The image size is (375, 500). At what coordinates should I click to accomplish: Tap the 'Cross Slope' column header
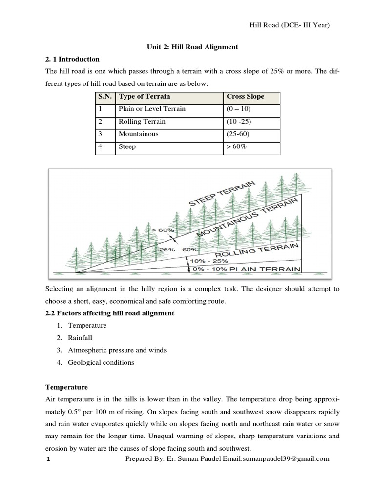pos(245,97)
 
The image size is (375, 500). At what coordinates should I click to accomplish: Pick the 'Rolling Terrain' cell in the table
pos(142,121)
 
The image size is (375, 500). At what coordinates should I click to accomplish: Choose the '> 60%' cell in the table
pos(237,146)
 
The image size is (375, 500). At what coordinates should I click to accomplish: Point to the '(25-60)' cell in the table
pos(238,134)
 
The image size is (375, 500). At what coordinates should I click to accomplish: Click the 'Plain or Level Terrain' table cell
pos(152,109)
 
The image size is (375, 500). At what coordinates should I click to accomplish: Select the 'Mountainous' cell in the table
pos(138,134)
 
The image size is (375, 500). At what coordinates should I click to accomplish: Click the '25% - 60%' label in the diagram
pos(178,250)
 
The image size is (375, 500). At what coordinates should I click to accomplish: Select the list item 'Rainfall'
pos(80,337)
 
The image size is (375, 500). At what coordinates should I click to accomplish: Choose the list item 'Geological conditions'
pos(101,362)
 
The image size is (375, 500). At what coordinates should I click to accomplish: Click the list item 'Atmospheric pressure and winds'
pos(117,350)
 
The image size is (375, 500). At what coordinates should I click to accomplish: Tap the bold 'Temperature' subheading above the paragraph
pos(66,387)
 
